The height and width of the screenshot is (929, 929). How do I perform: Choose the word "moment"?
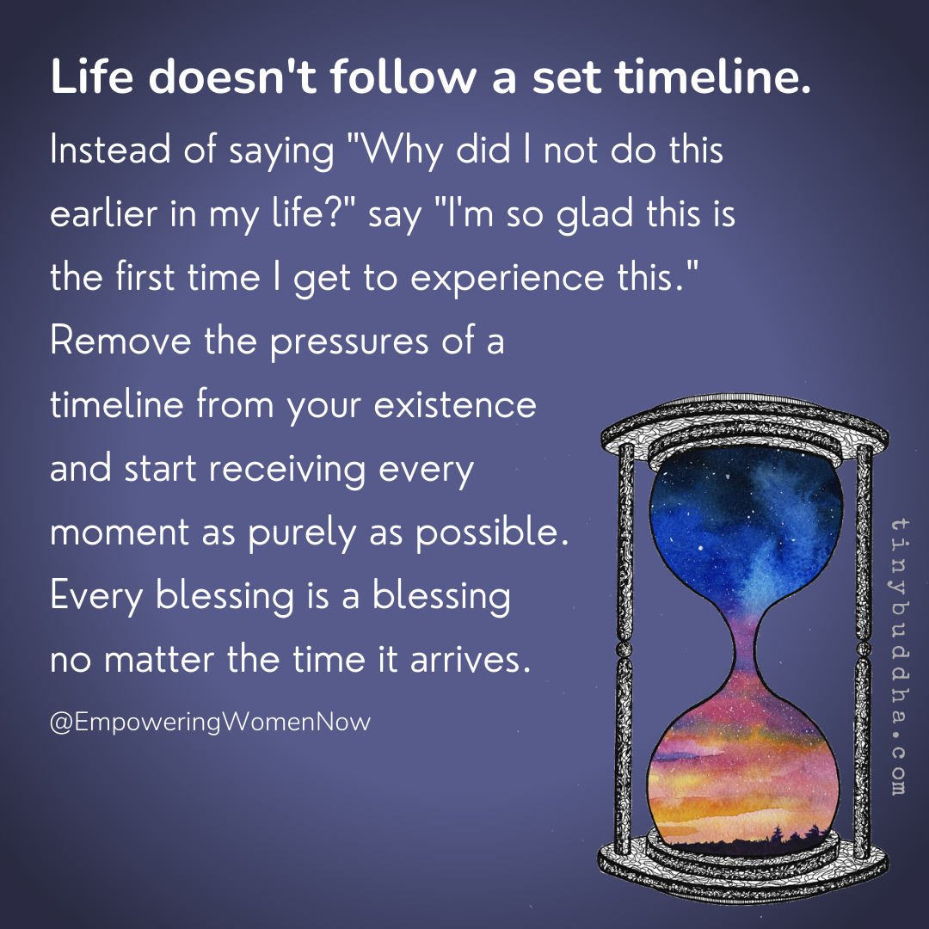(120, 533)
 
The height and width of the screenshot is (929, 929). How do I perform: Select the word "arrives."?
(465, 661)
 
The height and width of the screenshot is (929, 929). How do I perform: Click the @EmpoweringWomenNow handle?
(211, 721)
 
